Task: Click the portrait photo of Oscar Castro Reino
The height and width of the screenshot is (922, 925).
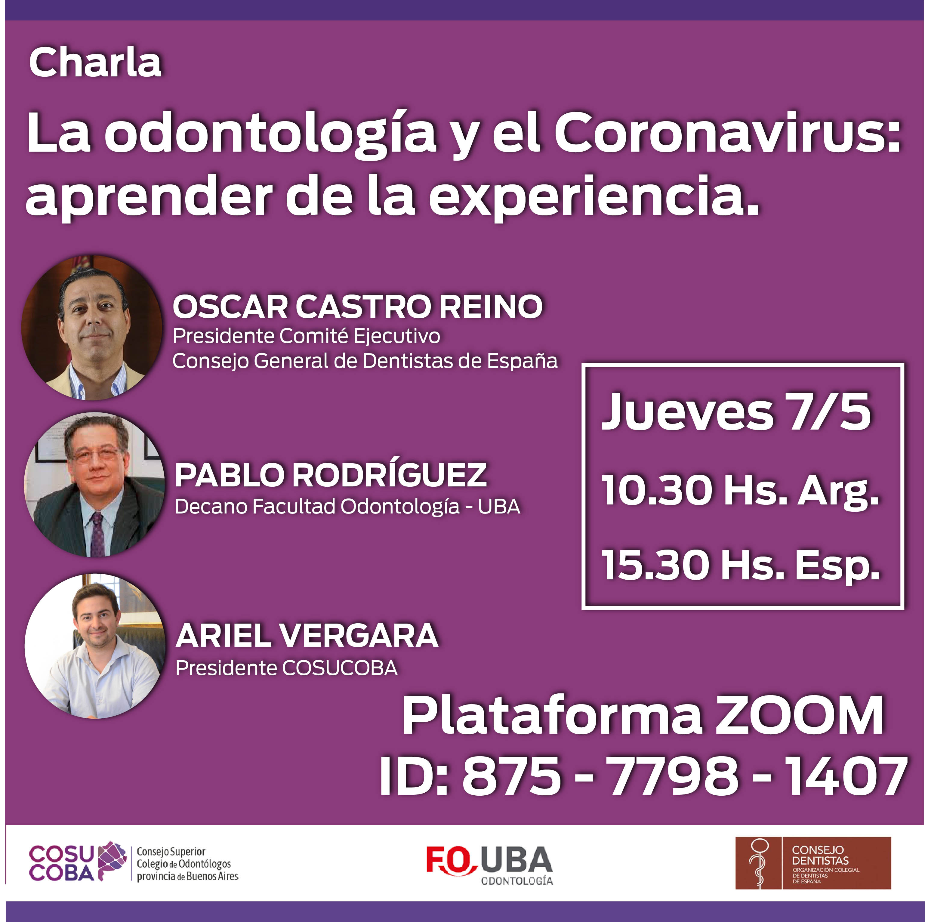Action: (92, 328)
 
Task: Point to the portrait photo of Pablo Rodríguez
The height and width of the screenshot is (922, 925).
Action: (94, 484)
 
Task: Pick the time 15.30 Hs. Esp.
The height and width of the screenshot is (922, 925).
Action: (741, 565)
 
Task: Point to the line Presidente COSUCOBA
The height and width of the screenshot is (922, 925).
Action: (286, 668)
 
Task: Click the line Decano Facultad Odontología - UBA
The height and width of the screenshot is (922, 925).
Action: (347, 507)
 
